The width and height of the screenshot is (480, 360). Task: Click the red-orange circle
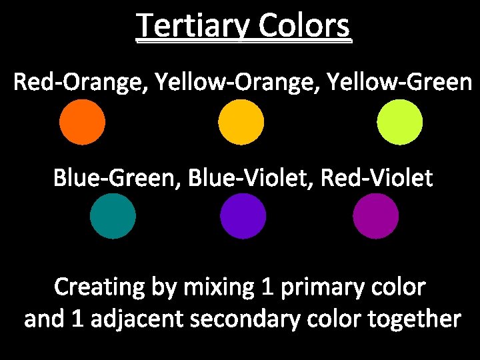point(82,122)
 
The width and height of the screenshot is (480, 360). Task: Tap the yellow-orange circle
point(241,122)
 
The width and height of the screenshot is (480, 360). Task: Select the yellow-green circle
point(400,122)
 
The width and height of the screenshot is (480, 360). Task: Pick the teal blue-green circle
point(113,216)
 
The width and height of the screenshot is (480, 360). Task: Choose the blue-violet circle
point(243,216)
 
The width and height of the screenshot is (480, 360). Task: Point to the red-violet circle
point(376,216)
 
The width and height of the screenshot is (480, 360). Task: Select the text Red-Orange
point(79,83)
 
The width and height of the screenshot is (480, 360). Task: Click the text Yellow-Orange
point(226,83)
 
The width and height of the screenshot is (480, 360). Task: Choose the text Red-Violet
point(377,179)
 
